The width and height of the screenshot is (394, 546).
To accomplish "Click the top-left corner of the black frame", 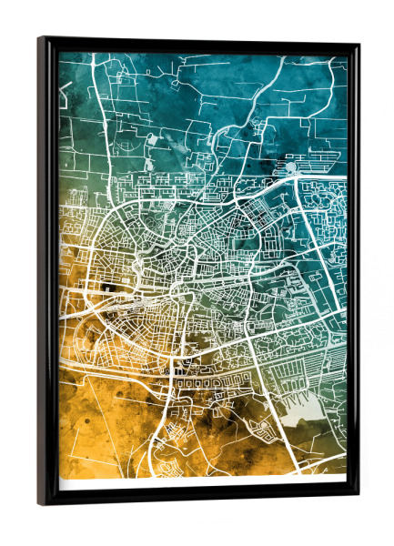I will (40, 38).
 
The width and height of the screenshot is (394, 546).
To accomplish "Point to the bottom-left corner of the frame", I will (40, 503).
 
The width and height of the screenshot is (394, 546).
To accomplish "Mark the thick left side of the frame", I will (48, 273).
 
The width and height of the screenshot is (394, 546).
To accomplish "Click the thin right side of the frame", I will (353, 273).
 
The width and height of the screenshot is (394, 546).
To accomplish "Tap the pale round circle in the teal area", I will (290, 167).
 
